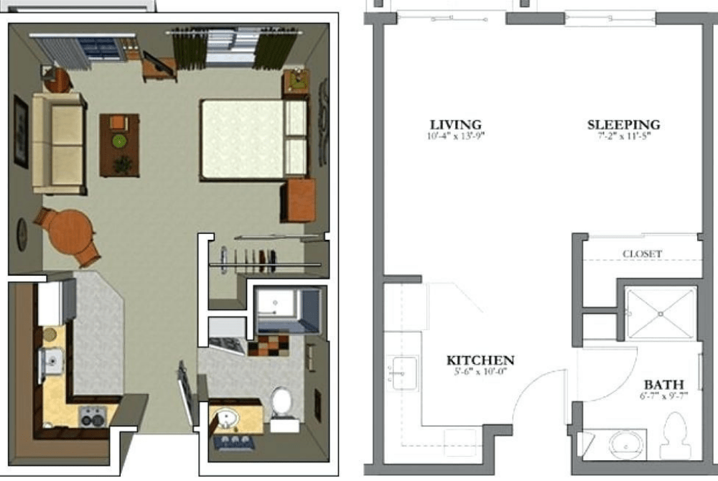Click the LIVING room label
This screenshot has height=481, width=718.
[x=455, y=124]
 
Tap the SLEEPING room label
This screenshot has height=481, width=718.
[x=623, y=124]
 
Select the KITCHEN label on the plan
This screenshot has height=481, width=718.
[x=480, y=360]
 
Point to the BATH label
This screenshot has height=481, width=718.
[x=663, y=384]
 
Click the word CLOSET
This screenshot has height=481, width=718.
[x=642, y=253]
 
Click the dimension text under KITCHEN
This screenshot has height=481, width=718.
[x=480, y=372]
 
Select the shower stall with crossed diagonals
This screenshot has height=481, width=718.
[x=661, y=313]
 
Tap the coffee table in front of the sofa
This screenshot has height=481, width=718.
[x=119, y=144]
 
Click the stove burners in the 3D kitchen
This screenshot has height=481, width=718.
[x=93, y=416]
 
